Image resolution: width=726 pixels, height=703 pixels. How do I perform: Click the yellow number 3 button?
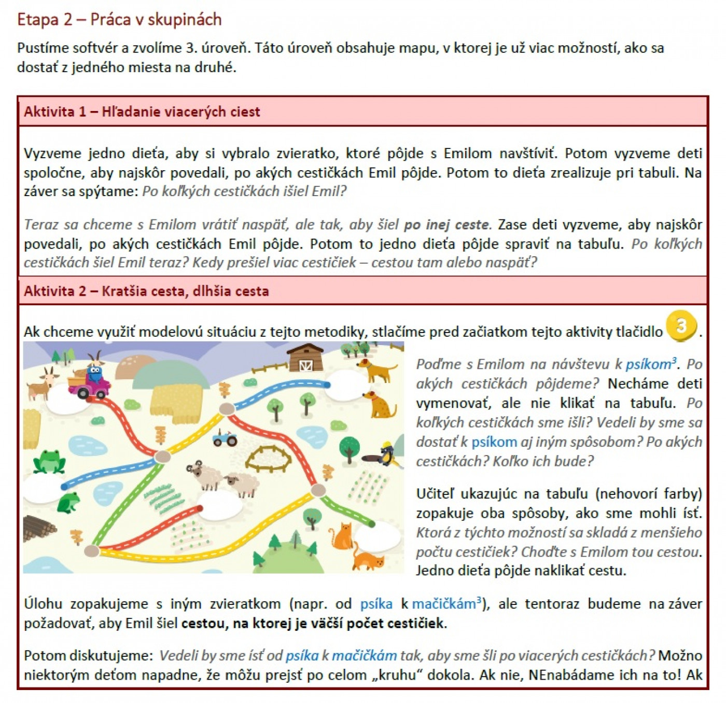(681, 326)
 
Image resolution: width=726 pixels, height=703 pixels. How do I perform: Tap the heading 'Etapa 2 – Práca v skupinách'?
(119, 20)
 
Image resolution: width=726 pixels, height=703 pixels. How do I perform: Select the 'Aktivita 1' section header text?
(142, 112)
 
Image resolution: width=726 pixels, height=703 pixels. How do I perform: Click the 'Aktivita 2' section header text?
(146, 291)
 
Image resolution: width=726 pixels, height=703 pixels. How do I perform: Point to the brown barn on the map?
(305, 357)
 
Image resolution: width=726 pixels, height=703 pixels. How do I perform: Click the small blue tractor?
(225, 439)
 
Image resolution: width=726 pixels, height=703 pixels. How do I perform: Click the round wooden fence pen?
(268, 459)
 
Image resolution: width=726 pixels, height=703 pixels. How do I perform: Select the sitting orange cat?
(342, 536)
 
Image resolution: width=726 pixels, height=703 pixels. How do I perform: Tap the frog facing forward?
(49, 461)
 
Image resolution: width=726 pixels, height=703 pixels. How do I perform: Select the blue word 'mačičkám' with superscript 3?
(446, 604)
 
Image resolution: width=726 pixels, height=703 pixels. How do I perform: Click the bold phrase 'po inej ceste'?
(446, 225)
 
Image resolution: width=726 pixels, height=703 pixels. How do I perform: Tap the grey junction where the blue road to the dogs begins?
(227, 409)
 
